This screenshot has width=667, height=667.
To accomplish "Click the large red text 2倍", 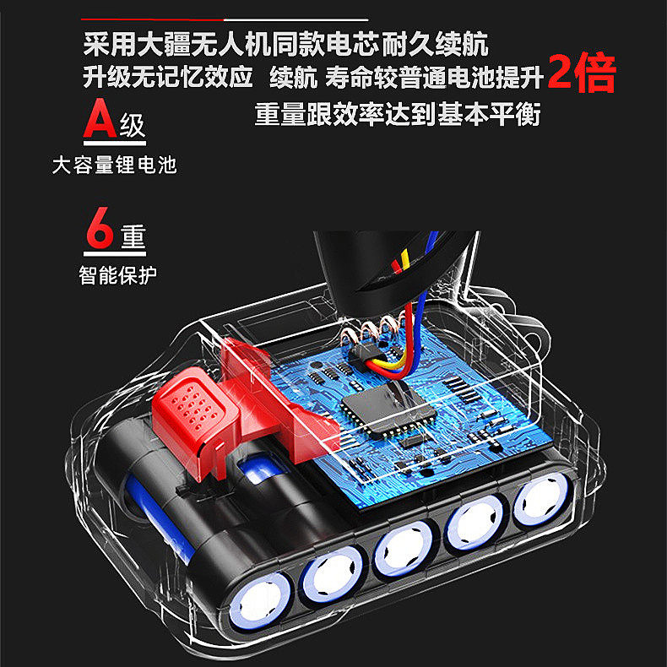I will [x=582, y=73].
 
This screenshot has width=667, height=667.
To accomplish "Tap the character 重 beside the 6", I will [x=133, y=236].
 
